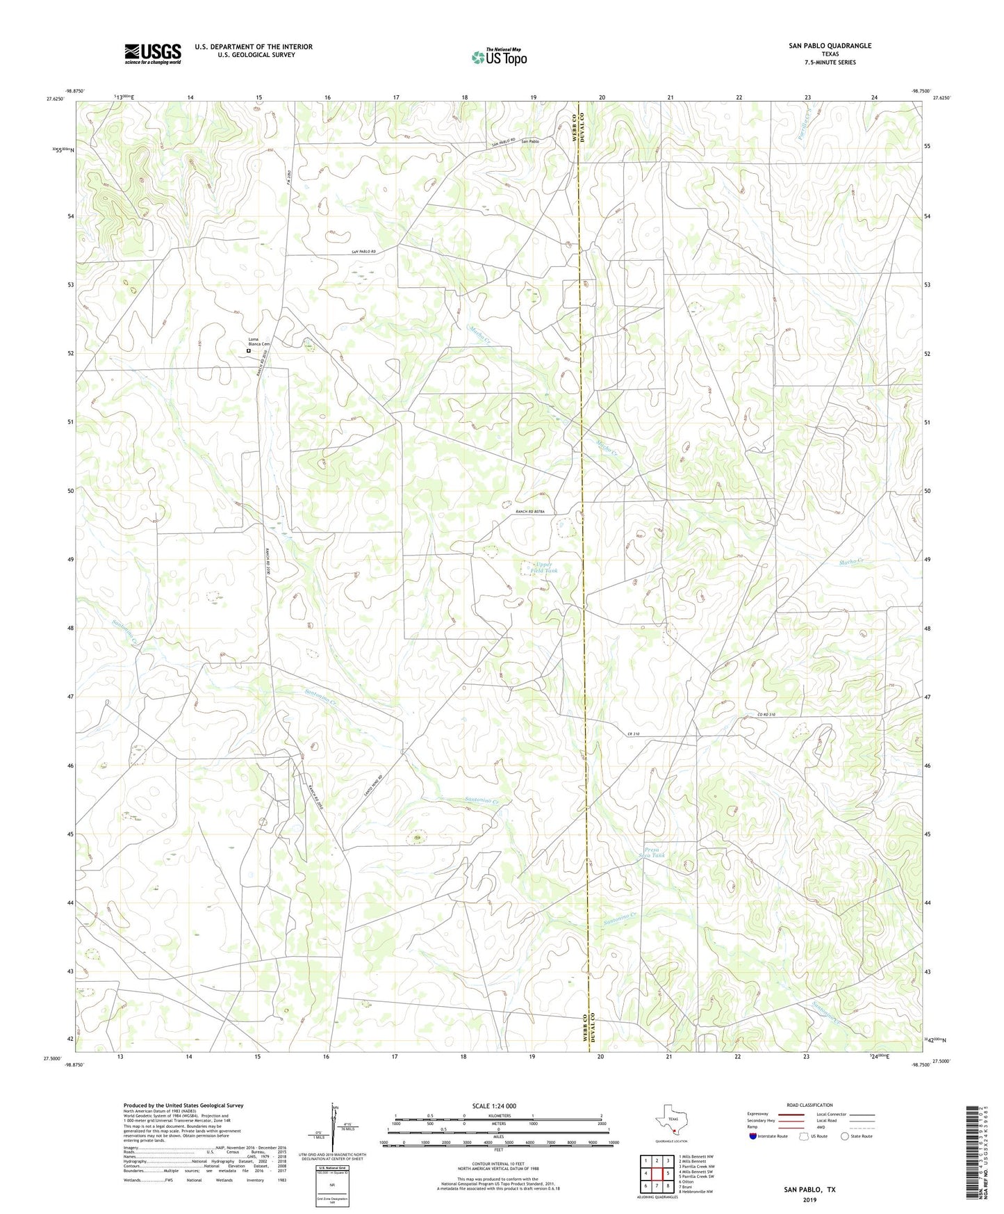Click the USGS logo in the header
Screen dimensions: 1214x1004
[153, 54]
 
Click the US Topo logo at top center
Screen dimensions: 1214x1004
[499, 57]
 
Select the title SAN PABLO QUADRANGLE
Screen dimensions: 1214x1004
[830, 46]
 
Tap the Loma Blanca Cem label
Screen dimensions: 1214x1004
[258, 341]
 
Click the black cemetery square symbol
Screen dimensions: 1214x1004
[249, 351]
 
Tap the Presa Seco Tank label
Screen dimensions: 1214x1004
[655, 852]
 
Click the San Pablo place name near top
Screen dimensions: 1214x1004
[530, 141]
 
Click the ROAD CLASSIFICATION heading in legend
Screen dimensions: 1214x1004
[809, 1105]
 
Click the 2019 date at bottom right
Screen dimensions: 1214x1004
[809, 1199]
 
